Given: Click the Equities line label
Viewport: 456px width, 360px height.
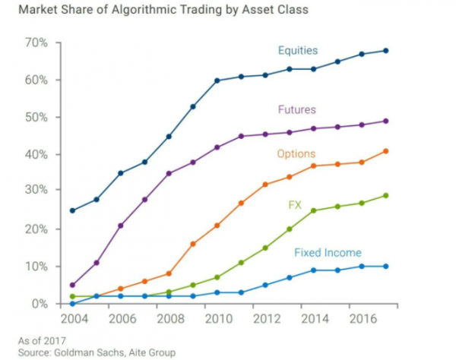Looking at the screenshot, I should (x=297, y=52).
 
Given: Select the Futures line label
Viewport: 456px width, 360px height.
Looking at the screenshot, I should (x=297, y=109).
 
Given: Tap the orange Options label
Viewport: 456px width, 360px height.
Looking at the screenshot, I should (x=296, y=154).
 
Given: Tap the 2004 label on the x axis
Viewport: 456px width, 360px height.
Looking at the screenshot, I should (x=72, y=319).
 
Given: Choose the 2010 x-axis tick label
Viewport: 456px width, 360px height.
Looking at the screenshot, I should (x=217, y=319).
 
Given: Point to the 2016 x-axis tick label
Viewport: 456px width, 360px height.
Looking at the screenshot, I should (x=360, y=319).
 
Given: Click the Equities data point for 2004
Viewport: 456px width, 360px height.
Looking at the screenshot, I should (x=72, y=210).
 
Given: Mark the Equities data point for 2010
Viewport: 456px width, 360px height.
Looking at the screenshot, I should (x=217, y=81).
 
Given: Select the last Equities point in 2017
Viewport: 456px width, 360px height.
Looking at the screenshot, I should (x=385, y=51).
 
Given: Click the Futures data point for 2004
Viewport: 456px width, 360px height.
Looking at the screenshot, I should (x=72, y=285).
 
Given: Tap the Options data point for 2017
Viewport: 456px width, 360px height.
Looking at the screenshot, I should (x=385, y=151).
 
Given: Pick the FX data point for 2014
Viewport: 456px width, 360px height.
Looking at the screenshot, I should (x=313, y=210).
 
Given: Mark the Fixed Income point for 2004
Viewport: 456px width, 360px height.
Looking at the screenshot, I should (x=72, y=304).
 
